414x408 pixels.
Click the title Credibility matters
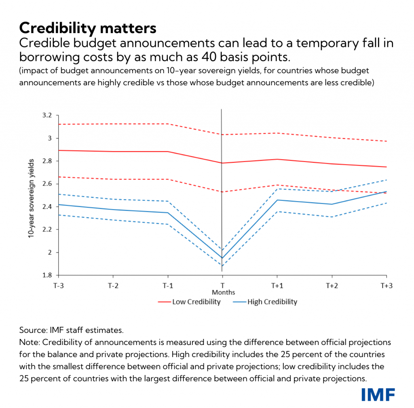tap(87, 28)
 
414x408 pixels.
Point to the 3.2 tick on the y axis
tap(47, 116)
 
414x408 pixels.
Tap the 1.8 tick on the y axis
tap(47, 276)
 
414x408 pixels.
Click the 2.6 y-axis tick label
tap(47, 184)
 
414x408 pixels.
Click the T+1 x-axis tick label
tap(277, 285)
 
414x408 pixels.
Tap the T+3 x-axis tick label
tap(387, 285)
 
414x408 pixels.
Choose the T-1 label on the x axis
tap(167, 285)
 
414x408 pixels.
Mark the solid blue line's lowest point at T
tap(222, 258)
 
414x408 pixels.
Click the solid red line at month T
tap(222, 163)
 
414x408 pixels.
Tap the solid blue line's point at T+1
tap(277, 200)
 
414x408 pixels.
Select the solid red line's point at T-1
tap(167, 151)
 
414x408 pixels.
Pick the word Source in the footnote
tap(32, 330)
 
